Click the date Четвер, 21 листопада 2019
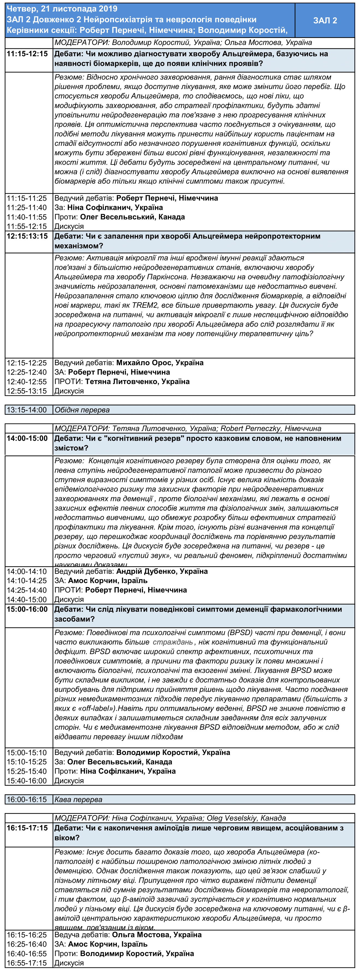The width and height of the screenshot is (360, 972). (x=62, y=9)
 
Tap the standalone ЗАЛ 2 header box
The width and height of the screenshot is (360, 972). (x=325, y=20)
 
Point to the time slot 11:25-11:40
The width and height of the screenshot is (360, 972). (x=27, y=208)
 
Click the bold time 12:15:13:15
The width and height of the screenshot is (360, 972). (x=27, y=236)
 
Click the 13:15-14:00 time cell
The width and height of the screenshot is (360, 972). (x=27, y=410)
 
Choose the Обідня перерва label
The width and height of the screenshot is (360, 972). (x=82, y=410)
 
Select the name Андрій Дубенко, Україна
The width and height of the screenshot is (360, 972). (x=162, y=571)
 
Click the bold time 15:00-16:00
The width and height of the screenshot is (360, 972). (x=27, y=609)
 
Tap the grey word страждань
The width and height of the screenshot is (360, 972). (x=172, y=642)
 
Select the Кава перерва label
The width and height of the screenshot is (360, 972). (x=78, y=799)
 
